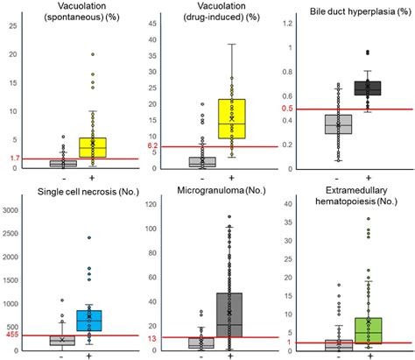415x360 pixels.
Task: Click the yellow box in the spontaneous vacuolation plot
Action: pyautogui.click(x=92, y=147)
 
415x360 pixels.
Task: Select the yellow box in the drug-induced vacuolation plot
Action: pyautogui.click(x=232, y=118)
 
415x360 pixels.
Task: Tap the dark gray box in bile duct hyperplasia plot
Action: pyautogui.click(x=368, y=88)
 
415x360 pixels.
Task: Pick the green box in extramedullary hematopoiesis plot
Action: pyautogui.click(x=368, y=330)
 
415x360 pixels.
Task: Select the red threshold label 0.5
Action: pyautogui.click(x=289, y=109)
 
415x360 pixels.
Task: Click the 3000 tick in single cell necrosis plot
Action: pyautogui.click(x=14, y=209)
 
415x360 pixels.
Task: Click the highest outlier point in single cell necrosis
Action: pyautogui.click(x=91, y=238)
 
